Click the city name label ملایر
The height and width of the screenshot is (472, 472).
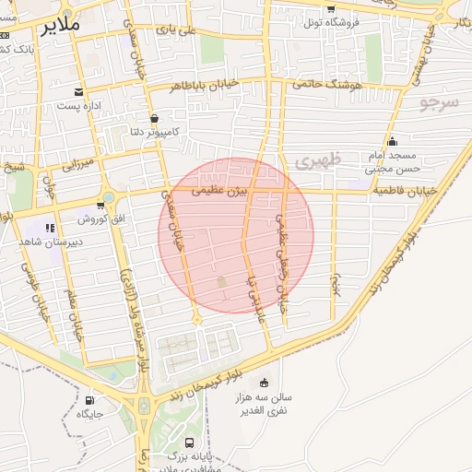pos(61,27)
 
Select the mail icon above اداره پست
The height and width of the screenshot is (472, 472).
pos(80,92)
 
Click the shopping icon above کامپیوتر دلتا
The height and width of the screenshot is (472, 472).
pos(153,118)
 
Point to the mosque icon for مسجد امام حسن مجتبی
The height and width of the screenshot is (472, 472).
pos(393,141)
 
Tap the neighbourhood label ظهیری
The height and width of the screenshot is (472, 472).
pos(318,160)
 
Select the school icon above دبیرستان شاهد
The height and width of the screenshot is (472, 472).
pos(50,227)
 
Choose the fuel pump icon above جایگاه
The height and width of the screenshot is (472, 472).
pos(89,400)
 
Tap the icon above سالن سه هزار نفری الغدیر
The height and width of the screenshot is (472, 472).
pos(265,383)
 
